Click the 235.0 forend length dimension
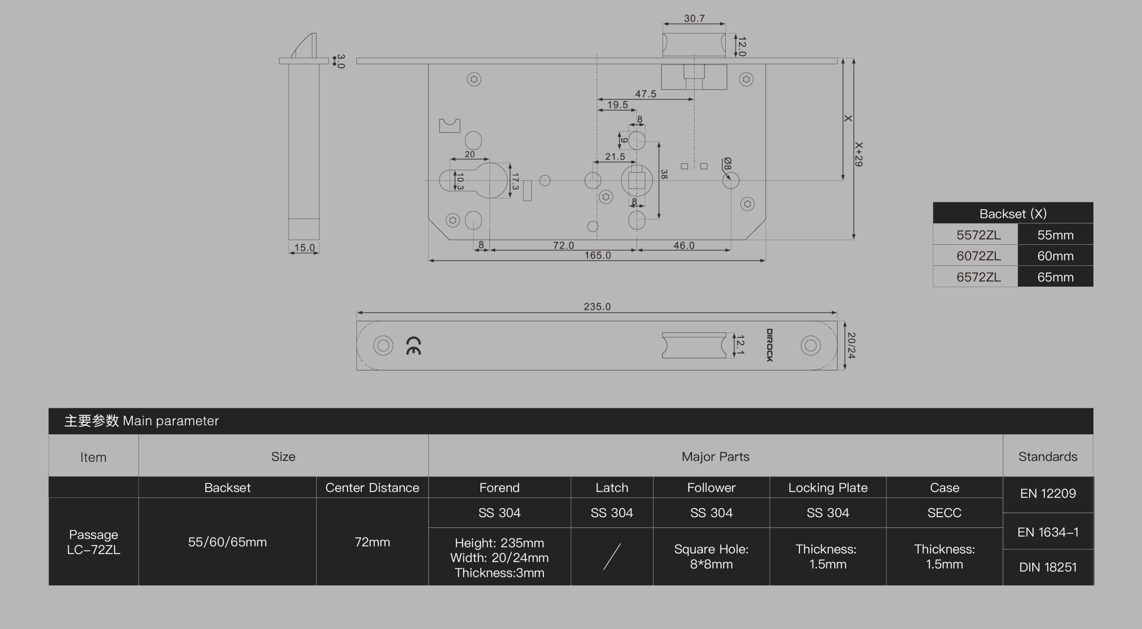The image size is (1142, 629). tap(597, 307)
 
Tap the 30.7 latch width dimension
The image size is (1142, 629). tap(694, 18)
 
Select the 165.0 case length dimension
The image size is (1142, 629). tap(597, 255)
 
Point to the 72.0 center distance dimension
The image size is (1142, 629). tap(563, 245)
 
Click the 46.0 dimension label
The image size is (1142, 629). tap(683, 245)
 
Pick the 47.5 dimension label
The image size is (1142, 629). tap(645, 94)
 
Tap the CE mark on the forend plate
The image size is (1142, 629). tap(414, 345)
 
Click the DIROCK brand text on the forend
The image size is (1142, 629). tap(770, 345)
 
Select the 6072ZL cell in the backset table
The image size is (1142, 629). tap(978, 256)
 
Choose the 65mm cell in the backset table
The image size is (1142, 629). tap(1055, 277)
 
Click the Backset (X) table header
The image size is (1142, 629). tap(1013, 214)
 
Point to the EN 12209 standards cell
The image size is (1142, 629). tap(1047, 493)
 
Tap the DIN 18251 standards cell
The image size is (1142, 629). tap(1047, 567)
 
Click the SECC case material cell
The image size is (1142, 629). tap(944, 513)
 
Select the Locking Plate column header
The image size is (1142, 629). tap(828, 488)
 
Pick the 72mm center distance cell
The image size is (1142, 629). tap(372, 542)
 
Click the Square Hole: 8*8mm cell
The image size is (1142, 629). tap(711, 556)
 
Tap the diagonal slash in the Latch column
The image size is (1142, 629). tap(612, 556)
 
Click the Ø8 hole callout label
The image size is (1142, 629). tap(727, 164)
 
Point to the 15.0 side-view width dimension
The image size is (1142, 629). tap(304, 247)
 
